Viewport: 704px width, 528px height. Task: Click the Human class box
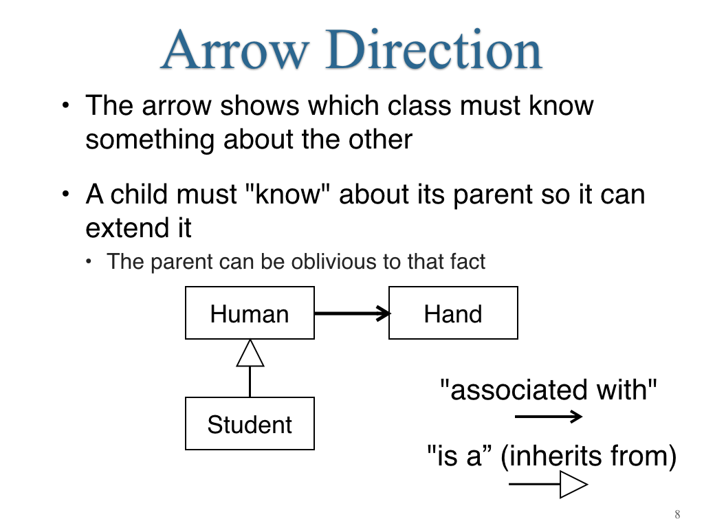click(x=250, y=313)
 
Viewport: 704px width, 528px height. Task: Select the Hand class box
click(x=453, y=313)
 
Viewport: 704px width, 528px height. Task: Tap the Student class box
click(x=250, y=423)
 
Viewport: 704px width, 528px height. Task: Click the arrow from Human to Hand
click(x=352, y=313)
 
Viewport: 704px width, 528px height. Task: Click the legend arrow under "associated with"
click(x=548, y=417)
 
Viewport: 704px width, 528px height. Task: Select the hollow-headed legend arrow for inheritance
click(x=548, y=485)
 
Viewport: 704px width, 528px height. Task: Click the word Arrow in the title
click(x=235, y=49)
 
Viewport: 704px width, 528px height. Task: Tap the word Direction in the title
click(x=434, y=49)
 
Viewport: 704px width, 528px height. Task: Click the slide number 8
click(x=677, y=514)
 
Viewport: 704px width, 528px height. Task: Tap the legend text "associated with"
click(x=548, y=389)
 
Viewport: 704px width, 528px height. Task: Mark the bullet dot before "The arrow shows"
click(x=66, y=106)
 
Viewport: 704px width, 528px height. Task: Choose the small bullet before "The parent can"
click(x=89, y=262)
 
